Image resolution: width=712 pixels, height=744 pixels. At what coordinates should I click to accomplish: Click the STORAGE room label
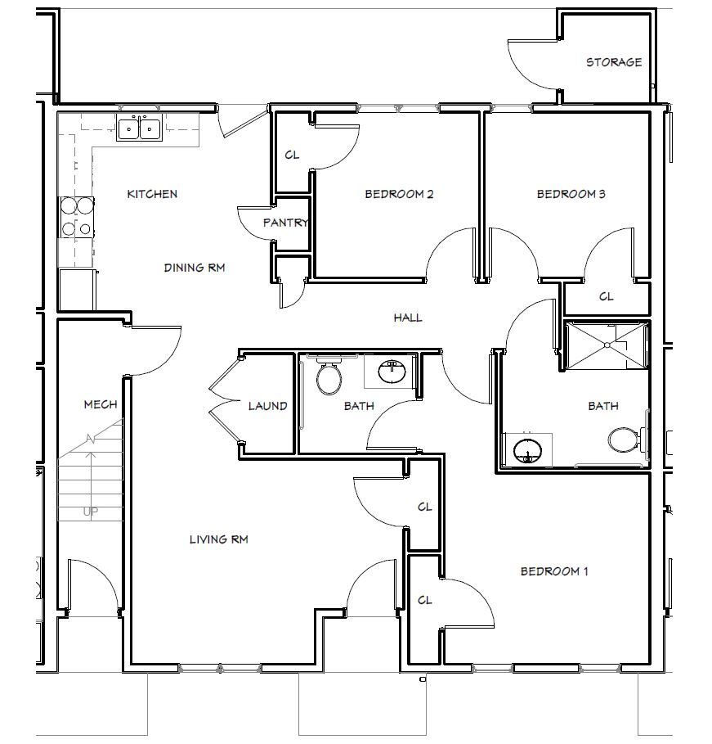click(613, 62)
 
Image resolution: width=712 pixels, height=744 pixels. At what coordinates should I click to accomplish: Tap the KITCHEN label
click(152, 194)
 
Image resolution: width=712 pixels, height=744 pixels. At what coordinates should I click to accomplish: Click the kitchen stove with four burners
click(75, 218)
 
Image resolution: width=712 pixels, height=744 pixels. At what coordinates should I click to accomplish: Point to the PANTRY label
click(285, 223)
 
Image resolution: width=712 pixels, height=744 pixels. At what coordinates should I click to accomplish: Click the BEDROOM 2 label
click(398, 194)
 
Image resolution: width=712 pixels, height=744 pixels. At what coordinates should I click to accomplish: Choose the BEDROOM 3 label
click(570, 194)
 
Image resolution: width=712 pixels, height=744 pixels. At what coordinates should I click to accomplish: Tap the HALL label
click(407, 318)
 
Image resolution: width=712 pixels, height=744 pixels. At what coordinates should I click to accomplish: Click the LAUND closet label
click(267, 405)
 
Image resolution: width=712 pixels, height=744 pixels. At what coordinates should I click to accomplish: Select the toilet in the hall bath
click(329, 377)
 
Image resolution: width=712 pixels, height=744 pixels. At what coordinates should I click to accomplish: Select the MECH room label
click(101, 404)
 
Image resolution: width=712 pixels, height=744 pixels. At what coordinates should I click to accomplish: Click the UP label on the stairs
click(91, 512)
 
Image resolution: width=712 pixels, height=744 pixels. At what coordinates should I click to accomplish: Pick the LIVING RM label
click(218, 539)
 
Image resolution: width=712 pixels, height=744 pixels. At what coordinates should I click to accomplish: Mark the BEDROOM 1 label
click(553, 571)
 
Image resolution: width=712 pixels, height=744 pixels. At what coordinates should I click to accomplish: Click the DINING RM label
click(194, 268)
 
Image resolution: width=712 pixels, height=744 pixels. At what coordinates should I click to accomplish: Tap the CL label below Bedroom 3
click(606, 296)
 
